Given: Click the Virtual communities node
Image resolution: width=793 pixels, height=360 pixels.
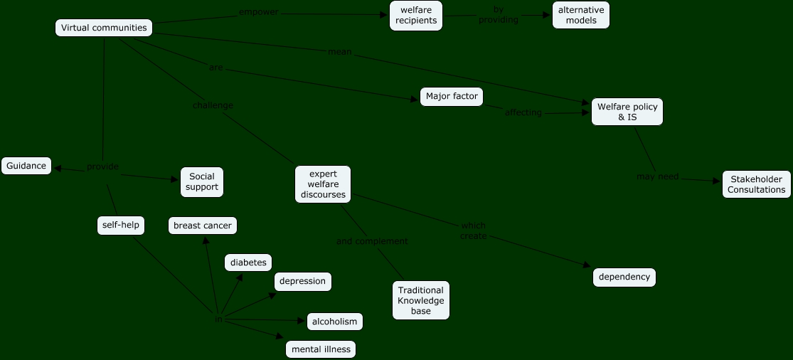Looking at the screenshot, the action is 104,28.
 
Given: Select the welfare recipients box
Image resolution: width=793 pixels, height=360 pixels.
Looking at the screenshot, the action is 416,16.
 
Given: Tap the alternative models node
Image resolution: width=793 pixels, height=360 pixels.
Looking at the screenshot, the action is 581,15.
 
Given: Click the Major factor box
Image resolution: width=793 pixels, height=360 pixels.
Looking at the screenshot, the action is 452,96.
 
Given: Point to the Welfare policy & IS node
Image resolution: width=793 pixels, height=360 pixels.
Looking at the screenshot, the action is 627,112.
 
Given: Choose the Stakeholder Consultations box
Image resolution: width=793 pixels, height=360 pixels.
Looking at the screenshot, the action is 757,184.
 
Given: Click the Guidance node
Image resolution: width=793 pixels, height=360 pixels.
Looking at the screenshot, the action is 26,166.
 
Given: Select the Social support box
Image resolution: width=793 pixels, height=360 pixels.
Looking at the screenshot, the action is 202,182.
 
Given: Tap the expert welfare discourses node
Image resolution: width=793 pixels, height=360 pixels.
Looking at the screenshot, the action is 323,184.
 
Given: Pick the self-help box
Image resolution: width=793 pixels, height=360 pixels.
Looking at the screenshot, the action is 120,226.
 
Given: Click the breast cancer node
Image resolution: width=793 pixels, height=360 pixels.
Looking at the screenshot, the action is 203,226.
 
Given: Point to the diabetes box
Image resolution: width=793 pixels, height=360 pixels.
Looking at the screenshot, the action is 248,263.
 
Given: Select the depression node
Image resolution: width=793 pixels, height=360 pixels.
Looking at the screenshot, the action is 302,281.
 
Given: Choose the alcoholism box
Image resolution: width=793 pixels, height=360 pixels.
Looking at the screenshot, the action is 334,322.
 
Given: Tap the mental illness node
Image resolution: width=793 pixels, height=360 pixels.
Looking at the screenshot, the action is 321,349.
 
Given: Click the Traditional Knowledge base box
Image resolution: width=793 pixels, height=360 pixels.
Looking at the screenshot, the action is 421,300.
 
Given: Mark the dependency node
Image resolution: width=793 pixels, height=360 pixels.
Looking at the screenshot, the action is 624,277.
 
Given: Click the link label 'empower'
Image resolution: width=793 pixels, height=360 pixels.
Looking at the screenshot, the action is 259,12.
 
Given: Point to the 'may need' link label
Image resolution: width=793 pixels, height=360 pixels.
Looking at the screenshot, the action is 658,176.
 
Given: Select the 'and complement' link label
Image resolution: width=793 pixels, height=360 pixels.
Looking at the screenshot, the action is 372,241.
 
